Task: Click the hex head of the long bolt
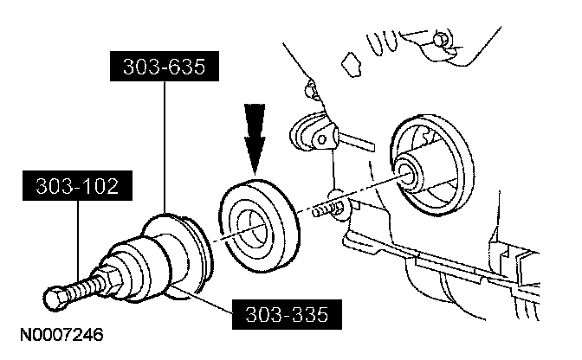pos(55,299)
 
